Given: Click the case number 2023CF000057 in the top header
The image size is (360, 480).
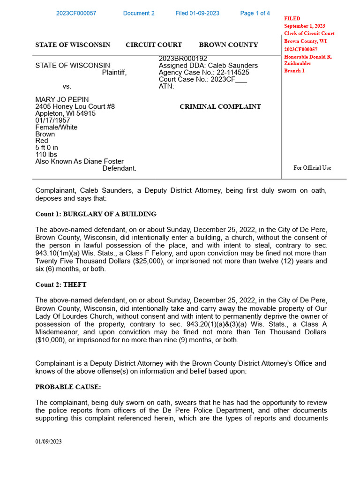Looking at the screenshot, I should click(x=76, y=13).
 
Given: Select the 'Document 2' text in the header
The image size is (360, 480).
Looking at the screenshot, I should click(x=139, y=13).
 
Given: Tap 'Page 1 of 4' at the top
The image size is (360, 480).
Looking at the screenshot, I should click(x=255, y=13).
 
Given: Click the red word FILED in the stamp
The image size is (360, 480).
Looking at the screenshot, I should click(x=292, y=19).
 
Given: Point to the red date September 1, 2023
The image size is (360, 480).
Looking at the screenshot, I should click(x=305, y=26).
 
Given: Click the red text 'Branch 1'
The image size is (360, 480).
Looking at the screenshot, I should click(x=294, y=71).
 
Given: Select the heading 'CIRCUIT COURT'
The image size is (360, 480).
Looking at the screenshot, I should click(x=154, y=45).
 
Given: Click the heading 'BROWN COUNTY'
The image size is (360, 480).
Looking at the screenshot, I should click(x=228, y=45).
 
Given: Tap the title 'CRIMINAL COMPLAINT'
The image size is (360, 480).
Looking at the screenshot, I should click(x=220, y=107).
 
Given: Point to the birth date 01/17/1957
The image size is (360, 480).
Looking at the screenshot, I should click(x=52, y=120).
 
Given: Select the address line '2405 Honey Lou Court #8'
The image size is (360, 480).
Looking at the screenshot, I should click(x=75, y=107).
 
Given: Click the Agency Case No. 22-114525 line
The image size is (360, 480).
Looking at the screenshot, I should click(x=204, y=73).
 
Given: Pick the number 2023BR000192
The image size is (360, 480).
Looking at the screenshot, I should click(x=183, y=59).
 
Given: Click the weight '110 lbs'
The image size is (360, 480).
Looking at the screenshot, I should click(x=46, y=155).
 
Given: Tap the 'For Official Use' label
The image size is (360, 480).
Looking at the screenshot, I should click(x=312, y=168).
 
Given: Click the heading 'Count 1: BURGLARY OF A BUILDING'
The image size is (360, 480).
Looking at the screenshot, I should click(x=96, y=214).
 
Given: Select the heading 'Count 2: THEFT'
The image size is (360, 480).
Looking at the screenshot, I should click(x=61, y=285).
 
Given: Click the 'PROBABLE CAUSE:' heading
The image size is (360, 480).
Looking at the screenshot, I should click(x=68, y=387).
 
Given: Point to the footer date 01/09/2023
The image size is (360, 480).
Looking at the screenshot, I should click(x=48, y=442).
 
